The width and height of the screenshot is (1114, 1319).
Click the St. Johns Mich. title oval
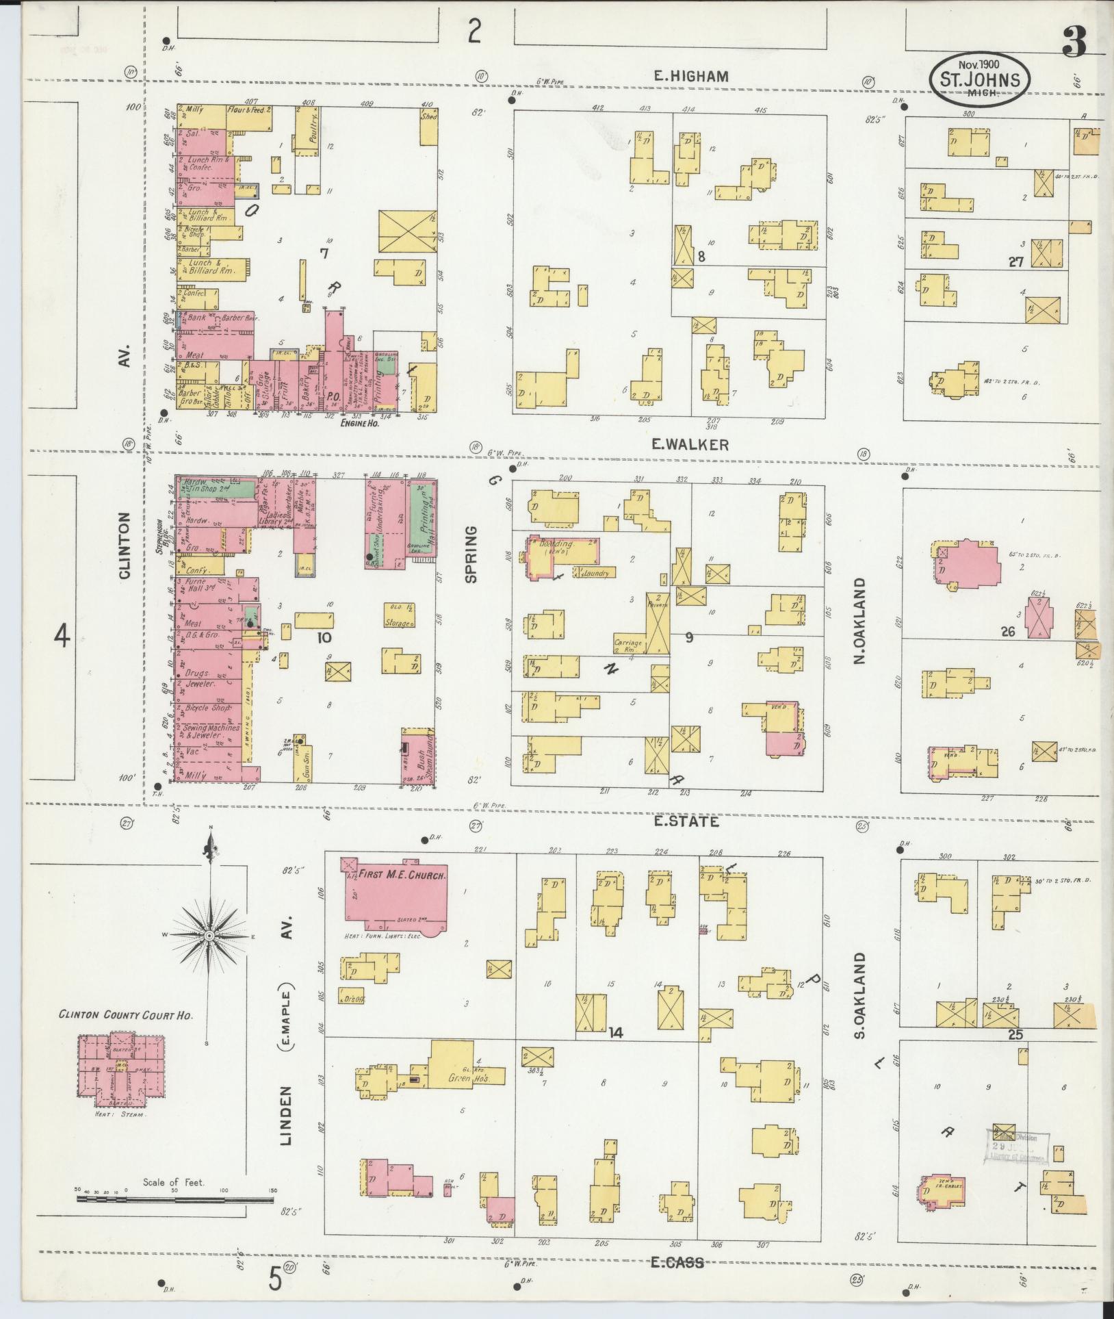point(980,81)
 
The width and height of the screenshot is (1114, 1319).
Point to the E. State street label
point(686,821)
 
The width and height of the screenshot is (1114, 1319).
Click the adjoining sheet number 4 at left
point(62,637)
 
